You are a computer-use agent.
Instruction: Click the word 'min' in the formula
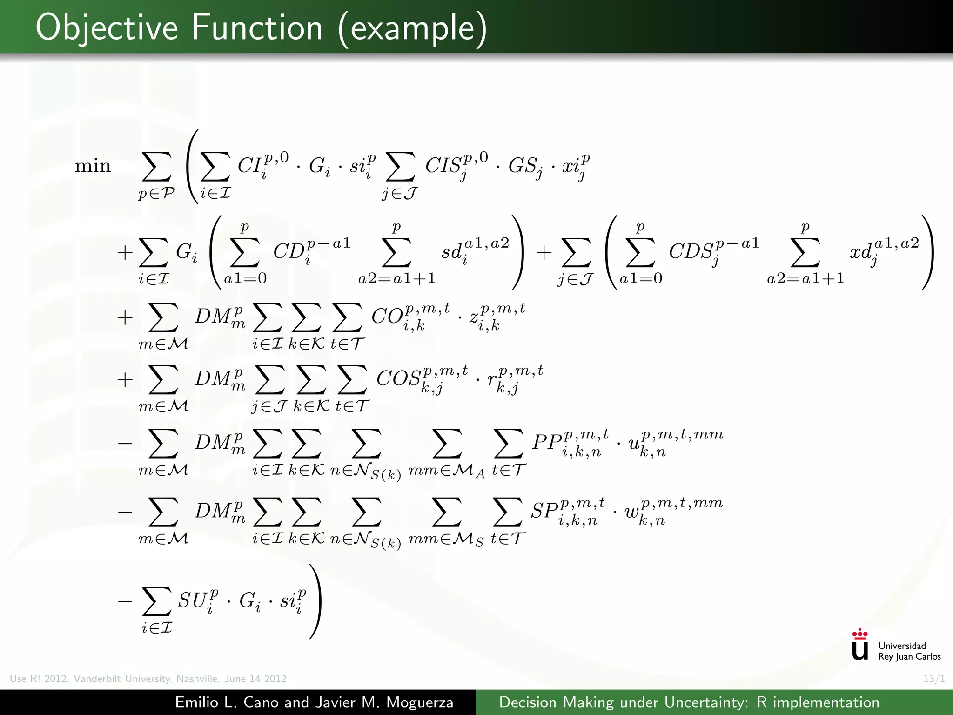(93, 166)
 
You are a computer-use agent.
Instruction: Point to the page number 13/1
(934, 679)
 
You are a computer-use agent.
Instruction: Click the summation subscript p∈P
(156, 193)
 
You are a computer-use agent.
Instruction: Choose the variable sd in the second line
(451, 252)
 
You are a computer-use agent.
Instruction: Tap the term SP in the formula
(544, 511)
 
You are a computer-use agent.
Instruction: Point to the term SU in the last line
(191, 600)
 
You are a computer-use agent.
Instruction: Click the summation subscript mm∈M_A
(447, 471)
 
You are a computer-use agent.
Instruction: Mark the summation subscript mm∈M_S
(446, 540)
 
